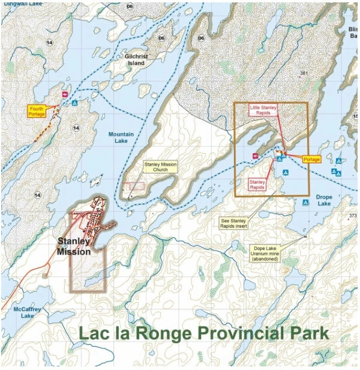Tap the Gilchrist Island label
(x=136, y=59)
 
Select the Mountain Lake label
(x=118, y=138)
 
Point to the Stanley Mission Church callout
(x=160, y=166)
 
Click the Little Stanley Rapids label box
(x=263, y=111)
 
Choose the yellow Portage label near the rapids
(x=311, y=159)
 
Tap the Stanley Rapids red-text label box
(x=257, y=184)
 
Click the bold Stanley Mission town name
(x=73, y=247)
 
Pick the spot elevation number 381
(x=304, y=73)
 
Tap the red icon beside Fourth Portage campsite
(x=65, y=94)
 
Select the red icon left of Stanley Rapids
(x=256, y=156)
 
